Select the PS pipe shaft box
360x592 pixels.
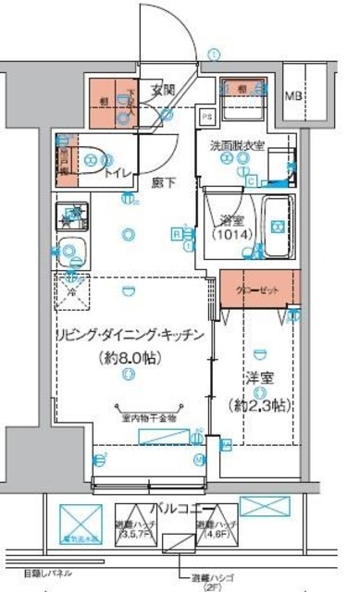206,117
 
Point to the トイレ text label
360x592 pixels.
118,172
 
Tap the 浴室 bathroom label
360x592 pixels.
227,220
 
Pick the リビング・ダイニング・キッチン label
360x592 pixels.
128,336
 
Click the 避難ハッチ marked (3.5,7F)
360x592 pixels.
136,528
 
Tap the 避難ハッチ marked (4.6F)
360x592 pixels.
215,528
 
